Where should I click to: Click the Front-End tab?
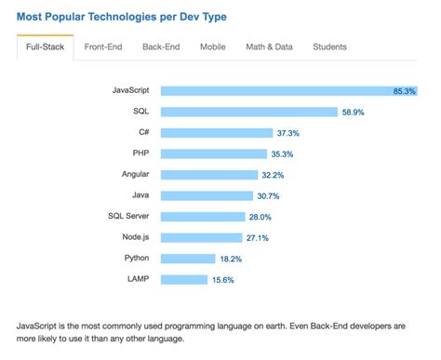(x=105, y=47)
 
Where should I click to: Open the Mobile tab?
(x=212, y=47)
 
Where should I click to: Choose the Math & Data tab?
(x=268, y=47)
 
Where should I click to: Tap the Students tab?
(x=329, y=47)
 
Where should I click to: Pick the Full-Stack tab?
(x=44, y=47)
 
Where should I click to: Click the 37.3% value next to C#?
(x=287, y=133)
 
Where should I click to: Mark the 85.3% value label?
(x=405, y=91)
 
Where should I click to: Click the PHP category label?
(x=142, y=153)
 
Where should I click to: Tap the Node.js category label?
(x=136, y=237)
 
